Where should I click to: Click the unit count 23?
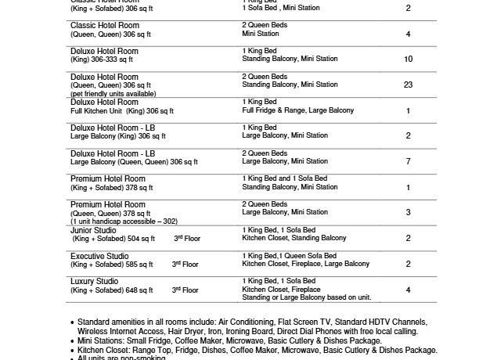point(408,85)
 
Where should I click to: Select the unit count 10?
point(408,59)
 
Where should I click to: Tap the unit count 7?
point(408,161)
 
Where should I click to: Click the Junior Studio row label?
point(93,230)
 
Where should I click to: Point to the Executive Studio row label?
point(99,256)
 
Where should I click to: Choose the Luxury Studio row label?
point(95,281)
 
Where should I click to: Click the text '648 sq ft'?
point(138,290)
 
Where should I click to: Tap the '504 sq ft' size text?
point(138,239)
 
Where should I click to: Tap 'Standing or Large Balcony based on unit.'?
point(306,298)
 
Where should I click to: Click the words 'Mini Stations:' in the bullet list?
point(103,340)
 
